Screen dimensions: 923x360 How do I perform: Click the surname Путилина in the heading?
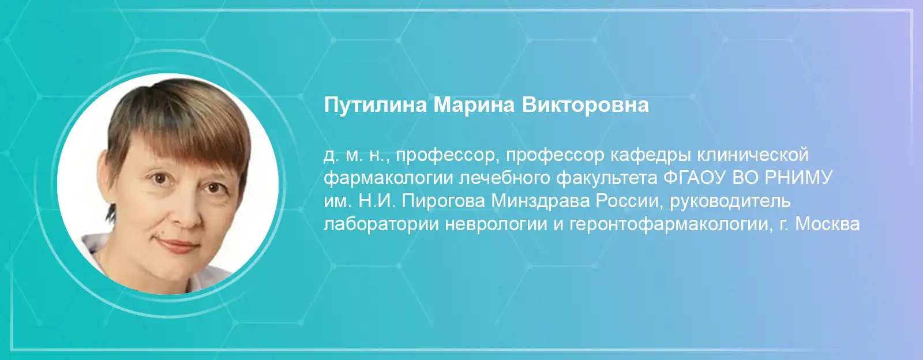click(375, 106)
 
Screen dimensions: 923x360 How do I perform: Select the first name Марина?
click(474, 106)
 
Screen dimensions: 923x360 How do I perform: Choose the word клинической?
click(753, 155)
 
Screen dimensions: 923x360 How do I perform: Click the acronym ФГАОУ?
click(694, 178)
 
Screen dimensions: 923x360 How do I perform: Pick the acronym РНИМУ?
click(798, 178)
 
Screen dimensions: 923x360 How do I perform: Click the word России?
click(628, 201)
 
